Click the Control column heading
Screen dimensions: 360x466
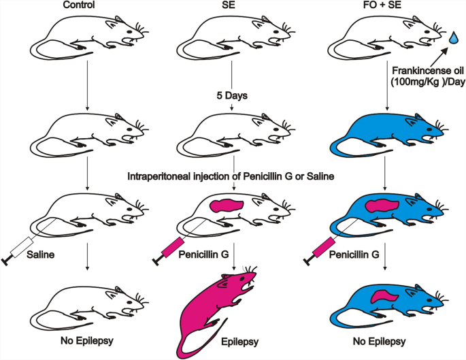point(87,6)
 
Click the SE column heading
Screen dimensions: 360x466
point(233,6)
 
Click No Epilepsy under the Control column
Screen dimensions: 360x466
point(86,340)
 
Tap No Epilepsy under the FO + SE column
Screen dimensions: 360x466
point(385,340)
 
